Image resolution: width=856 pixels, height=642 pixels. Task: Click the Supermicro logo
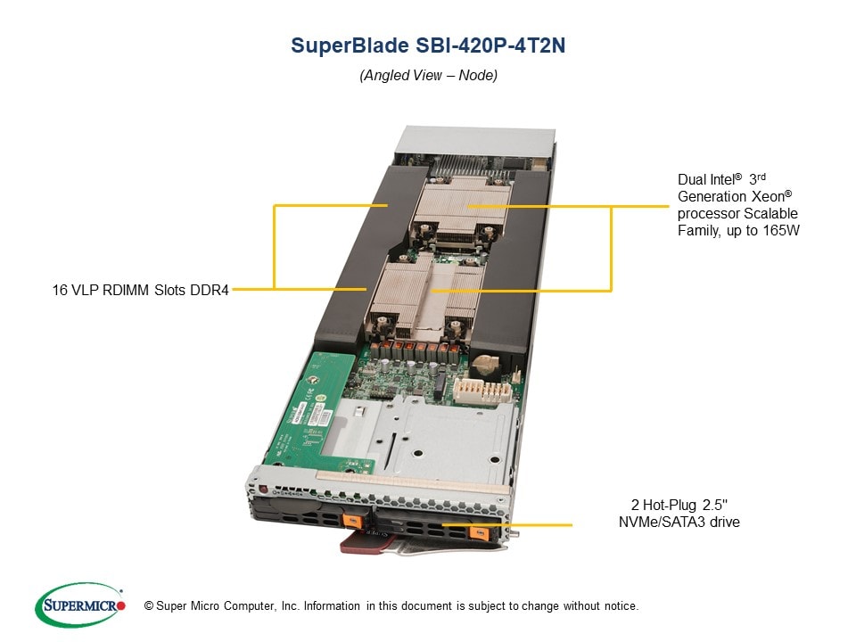(79, 605)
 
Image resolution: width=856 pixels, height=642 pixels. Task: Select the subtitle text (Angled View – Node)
(428, 76)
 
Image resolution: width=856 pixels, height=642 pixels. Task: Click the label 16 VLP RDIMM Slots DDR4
(140, 290)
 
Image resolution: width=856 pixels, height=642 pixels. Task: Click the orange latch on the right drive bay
(474, 533)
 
